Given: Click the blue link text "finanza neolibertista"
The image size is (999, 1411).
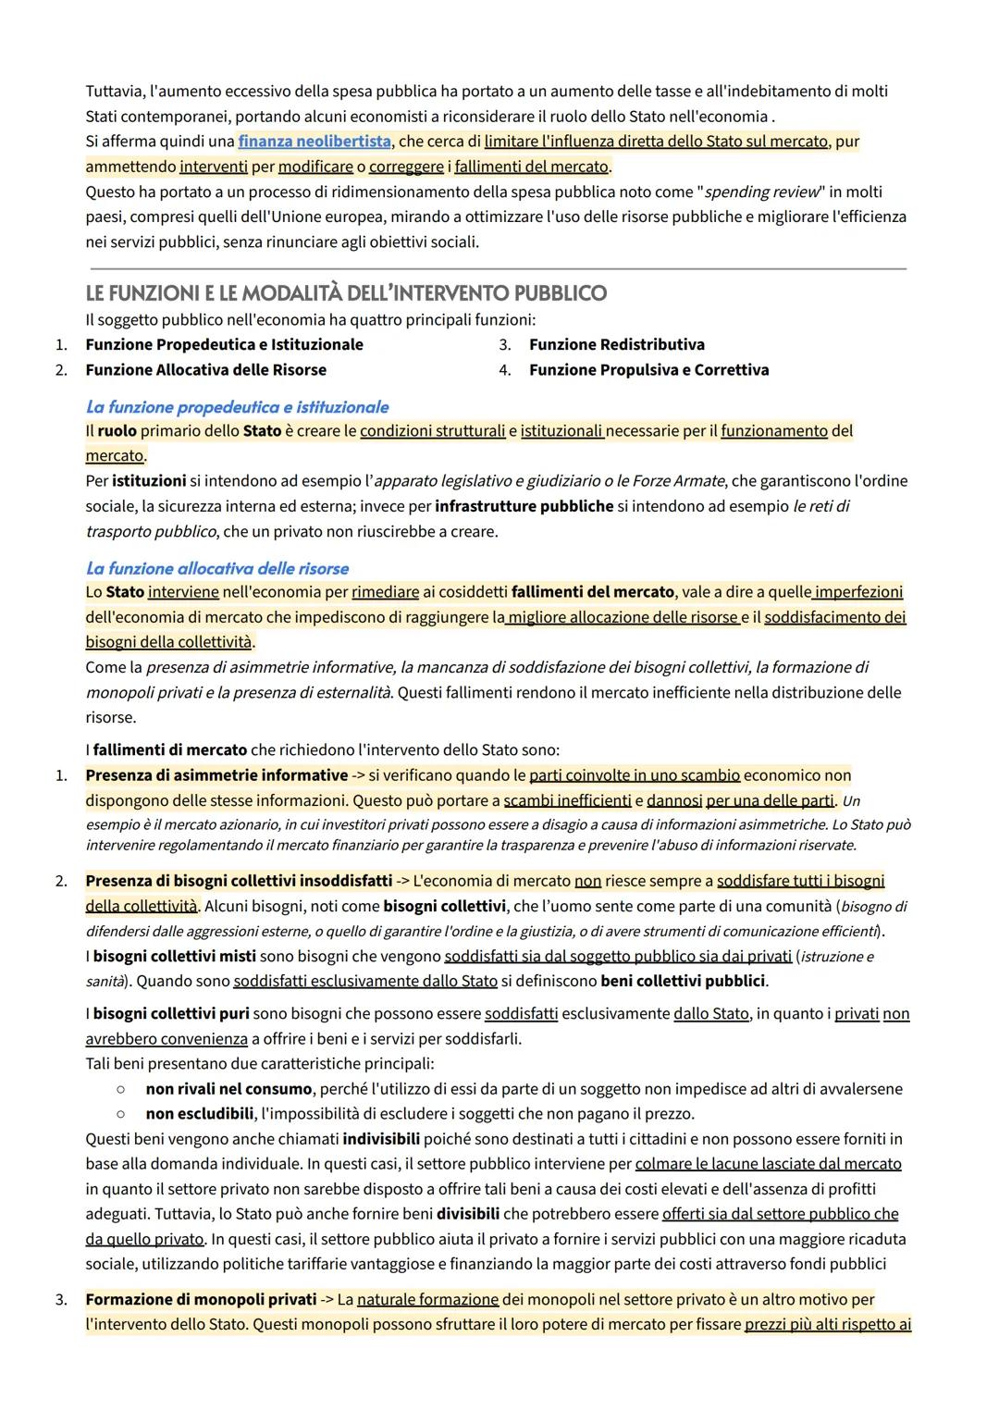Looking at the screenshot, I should (314, 142).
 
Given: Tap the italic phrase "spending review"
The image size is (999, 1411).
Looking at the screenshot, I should (762, 192).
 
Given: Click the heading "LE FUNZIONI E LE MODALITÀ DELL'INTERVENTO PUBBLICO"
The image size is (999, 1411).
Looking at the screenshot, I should (346, 293).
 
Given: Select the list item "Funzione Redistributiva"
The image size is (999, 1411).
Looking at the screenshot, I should (616, 345).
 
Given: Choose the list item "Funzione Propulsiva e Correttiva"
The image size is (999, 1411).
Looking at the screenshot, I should (648, 370).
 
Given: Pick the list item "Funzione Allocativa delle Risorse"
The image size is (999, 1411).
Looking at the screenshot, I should (205, 370).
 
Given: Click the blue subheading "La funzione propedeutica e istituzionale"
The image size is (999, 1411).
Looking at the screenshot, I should (237, 407).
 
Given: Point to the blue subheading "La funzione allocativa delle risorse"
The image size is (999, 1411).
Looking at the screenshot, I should (217, 568).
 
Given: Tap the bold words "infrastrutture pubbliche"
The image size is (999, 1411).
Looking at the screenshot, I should (524, 506).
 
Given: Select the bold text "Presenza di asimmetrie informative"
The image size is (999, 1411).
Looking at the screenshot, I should (216, 775).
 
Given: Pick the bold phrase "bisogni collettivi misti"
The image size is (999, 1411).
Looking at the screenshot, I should (174, 956).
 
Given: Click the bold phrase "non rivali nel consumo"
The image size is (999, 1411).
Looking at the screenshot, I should (228, 1090).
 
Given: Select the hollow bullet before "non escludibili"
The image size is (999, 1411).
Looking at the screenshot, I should (120, 1114).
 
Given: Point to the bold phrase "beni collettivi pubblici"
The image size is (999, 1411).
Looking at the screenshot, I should (683, 981).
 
